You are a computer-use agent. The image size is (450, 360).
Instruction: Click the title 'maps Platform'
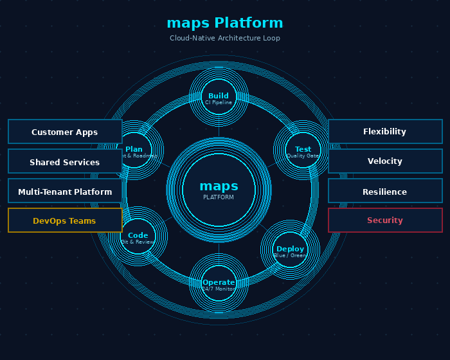click(x=225, y=23)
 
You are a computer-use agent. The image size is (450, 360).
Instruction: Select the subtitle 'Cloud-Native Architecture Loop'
click(x=225, y=39)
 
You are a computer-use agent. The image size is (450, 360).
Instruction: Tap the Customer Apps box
click(x=65, y=132)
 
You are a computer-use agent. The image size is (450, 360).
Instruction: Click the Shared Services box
click(x=65, y=161)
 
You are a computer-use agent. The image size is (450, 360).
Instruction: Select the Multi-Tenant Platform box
click(x=65, y=191)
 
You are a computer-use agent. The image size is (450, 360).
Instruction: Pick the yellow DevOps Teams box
click(x=65, y=221)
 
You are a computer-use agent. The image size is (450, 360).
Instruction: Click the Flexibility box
click(x=385, y=131)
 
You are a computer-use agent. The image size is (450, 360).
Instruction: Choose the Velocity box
click(x=385, y=161)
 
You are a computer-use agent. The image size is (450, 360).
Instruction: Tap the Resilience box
click(x=385, y=191)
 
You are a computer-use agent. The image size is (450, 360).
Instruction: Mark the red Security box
click(x=385, y=221)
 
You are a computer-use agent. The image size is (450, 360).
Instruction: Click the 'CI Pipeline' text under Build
click(x=219, y=103)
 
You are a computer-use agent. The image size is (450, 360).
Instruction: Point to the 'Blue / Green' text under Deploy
click(x=290, y=256)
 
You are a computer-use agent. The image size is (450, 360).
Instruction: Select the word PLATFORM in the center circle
click(x=219, y=197)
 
